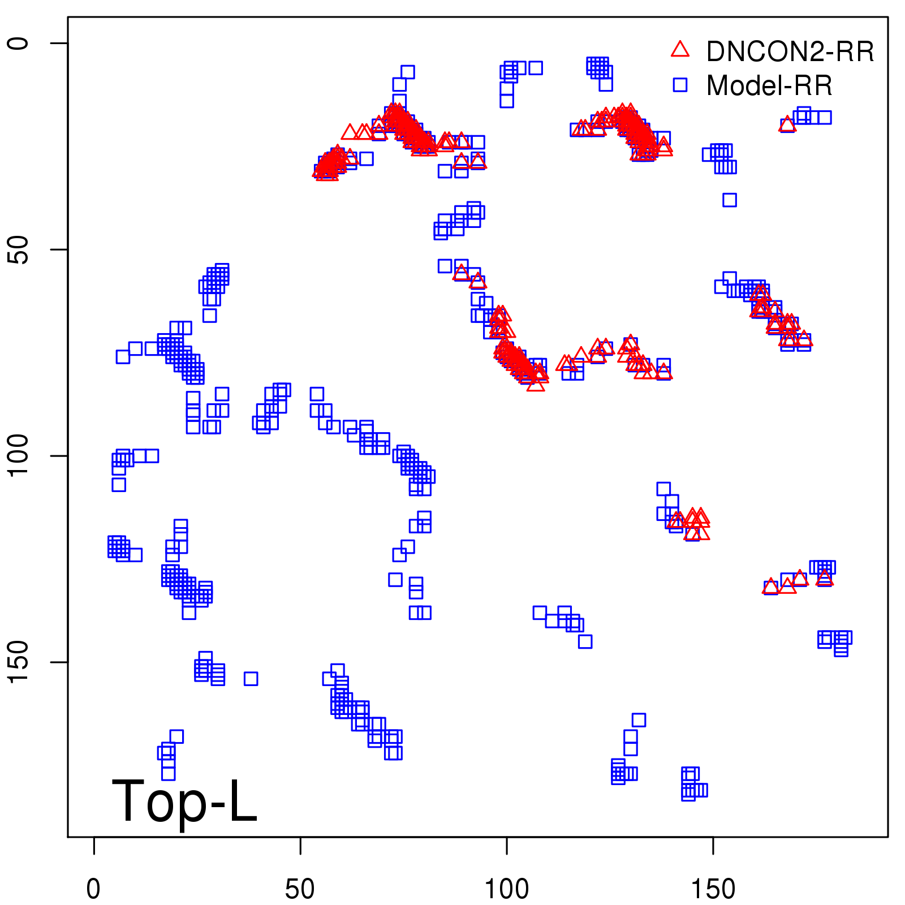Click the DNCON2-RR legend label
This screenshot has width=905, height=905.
coord(790,51)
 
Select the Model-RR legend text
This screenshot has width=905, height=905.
coord(769,86)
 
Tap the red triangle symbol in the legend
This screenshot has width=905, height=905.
coord(680,50)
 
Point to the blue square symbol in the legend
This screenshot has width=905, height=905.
coord(680,85)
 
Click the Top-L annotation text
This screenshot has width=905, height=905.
coord(184,801)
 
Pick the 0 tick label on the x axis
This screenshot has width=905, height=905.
coord(94,889)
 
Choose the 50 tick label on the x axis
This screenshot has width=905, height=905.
coord(300,889)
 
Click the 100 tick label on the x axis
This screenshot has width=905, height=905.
coord(507,889)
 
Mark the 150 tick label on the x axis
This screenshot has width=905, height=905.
coord(713,889)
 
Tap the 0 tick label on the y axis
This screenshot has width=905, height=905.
coord(18,44)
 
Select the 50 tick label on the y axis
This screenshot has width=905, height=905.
coord(18,250)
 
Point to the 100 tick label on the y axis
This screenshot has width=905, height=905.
coord(18,456)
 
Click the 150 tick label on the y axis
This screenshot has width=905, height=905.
coord(18,662)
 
